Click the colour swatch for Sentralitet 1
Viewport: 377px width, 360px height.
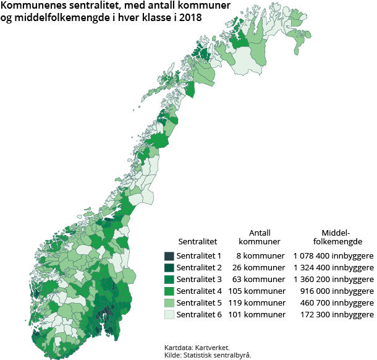pyautogui.click(x=169, y=256)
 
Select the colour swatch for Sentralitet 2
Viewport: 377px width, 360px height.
pyautogui.click(x=169, y=268)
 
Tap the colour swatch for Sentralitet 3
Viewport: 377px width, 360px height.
pyautogui.click(x=169, y=280)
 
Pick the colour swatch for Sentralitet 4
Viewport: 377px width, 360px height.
pyautogui.click(x=169, y=291)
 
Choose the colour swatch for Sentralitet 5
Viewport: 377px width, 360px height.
pyautogui.click(x=169, y=303)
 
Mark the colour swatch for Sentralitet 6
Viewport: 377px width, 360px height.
pyautogui.click(x=169, y=315)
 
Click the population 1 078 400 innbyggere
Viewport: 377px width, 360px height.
pyautogui.click(x=333, y=256)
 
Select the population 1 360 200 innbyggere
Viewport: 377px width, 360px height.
pyautogui.click(x=333, y=280)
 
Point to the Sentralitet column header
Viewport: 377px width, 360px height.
pyautogui.click(x=197, y=241)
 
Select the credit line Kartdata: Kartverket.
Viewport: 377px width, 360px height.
pyautogui.click(x=197, y=348)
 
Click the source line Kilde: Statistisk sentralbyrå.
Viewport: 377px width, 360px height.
pyautogui.click(x=208, y=355)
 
